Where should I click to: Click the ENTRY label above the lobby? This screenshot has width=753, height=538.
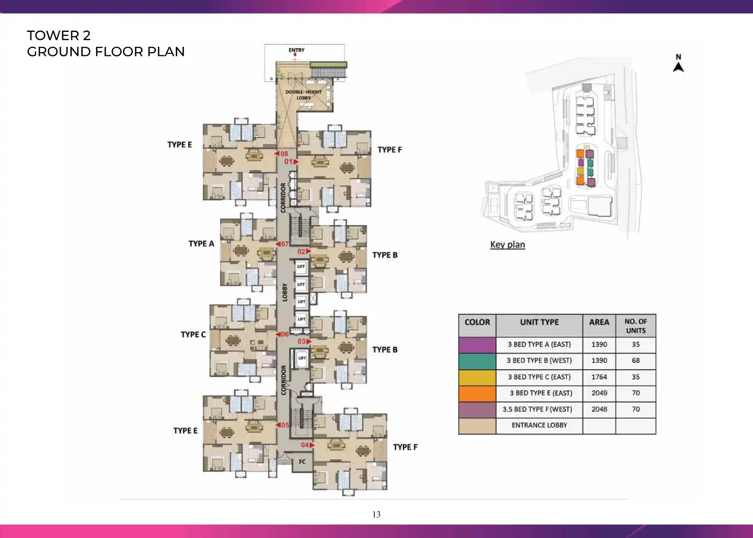pos(296,50)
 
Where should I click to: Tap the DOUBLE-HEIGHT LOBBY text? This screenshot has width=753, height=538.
pos(304,95)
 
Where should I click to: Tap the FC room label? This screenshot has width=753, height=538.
pos(302,462)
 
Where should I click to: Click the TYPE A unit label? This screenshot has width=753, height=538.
pos(201,244)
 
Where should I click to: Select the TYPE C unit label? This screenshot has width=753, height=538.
pos(193,335)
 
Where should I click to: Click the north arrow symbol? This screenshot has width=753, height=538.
pos(678,67)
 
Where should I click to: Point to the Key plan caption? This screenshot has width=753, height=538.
pos(507,245)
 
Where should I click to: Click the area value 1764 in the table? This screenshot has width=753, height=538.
pos(600,377)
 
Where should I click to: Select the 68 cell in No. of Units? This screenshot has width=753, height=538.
pos(635,361)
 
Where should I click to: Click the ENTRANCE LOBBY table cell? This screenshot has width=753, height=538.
pos(539,425)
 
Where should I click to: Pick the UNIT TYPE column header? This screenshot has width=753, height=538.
pos(539,322)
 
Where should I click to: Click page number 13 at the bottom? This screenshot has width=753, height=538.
pos(376,515)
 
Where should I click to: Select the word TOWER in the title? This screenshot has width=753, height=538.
pos(53,36)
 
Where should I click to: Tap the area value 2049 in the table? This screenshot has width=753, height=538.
pos(600,393)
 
